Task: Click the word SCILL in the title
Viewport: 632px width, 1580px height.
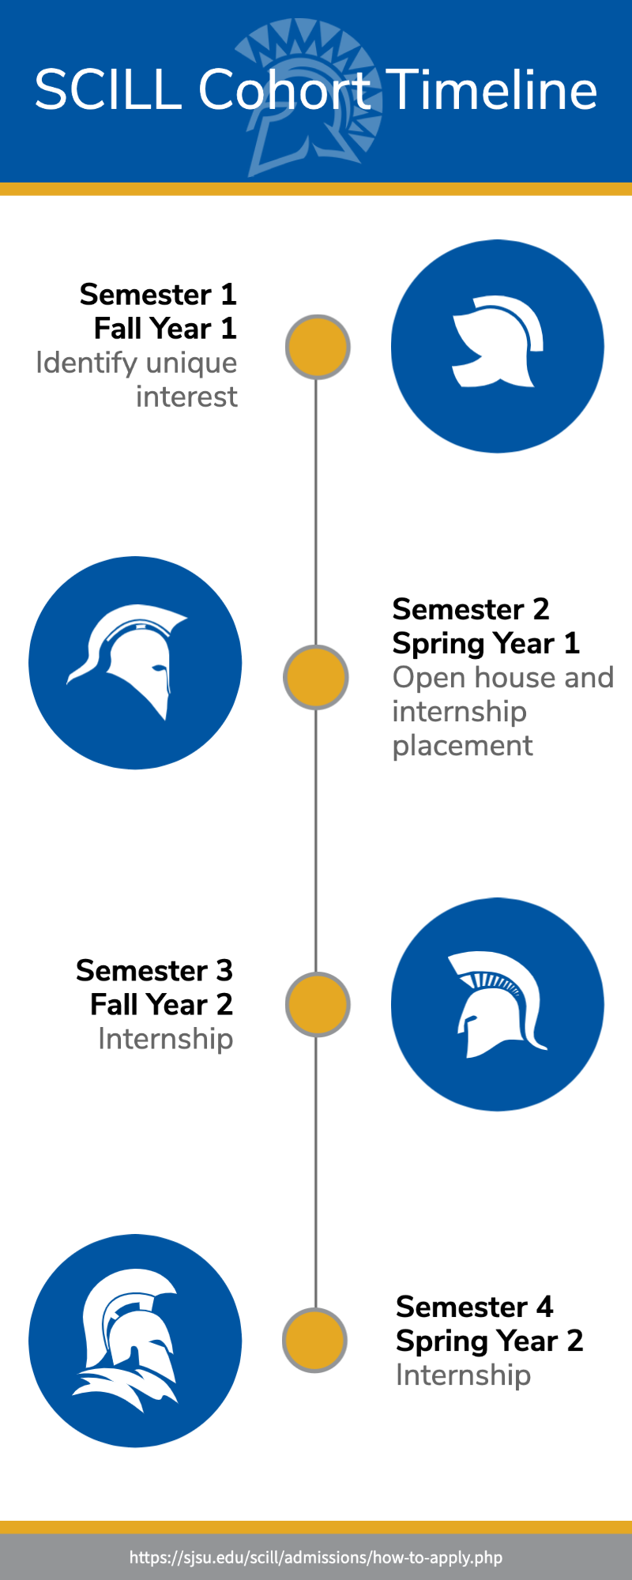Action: coord(108,89)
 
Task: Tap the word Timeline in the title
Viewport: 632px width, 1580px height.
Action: coord(494,89)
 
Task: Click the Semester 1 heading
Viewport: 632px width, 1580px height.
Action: coord(158,295)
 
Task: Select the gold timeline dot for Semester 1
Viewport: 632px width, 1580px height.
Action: coord(318,347)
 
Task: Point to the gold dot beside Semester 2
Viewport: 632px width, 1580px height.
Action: coord(316,677)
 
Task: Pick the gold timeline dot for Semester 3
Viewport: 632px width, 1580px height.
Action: coord(318,1005)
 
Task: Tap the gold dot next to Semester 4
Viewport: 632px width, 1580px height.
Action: coord(315,1341)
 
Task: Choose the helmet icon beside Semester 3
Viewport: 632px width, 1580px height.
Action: coord(498,1004)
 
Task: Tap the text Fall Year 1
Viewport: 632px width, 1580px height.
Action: coord(165,329)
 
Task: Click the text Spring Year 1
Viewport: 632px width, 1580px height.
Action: coord(486,644)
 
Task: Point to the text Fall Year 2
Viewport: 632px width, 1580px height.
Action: coord(162,1005)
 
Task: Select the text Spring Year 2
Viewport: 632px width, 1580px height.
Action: coord(490,1341)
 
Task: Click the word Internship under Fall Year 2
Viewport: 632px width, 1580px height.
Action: coord(166,1040)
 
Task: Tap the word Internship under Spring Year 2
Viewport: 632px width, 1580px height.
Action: coord(464,1375)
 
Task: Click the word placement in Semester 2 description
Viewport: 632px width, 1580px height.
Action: coord(463,747)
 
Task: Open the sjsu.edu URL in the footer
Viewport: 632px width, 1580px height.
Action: coord(316,1558)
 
